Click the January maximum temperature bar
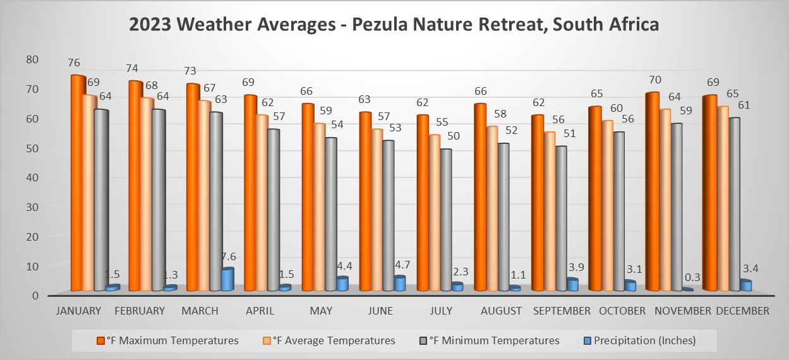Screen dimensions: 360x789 (x=78, y=183)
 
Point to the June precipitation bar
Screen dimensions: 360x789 (x=399, y=284)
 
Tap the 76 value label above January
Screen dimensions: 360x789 (x=74, y=63)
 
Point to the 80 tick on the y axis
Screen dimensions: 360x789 (x=32, y=59)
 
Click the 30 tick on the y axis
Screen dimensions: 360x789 (x=32, y=207)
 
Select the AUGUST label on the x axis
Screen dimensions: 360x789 (x=501, y=311)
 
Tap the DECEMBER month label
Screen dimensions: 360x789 (x=743, y=311)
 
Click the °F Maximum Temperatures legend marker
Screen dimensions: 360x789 (x=100, y=340)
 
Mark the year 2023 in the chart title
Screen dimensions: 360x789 (x=150, y=25)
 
